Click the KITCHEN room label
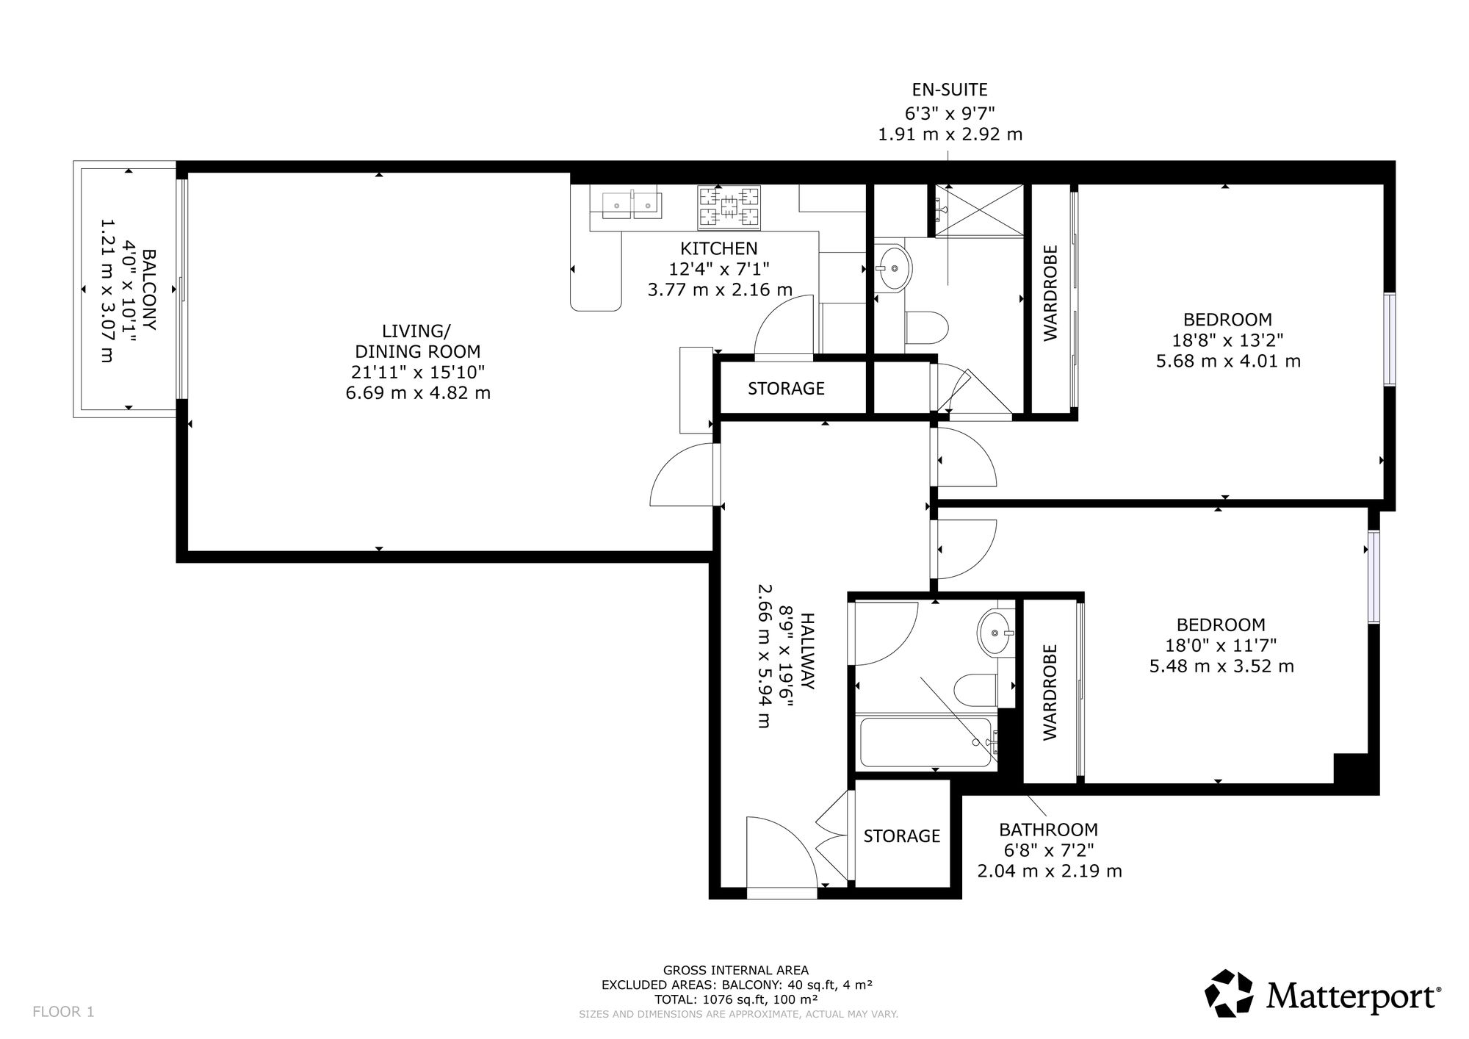click(718, 248)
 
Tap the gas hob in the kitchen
click(728, 206)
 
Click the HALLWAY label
click(806, 651)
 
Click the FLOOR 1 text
click(64, 1012)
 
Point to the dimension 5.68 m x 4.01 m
click(1228, 361)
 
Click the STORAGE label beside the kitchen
click(786, 388)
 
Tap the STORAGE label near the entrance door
click(902, 836)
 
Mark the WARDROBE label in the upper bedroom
click(1050, 292)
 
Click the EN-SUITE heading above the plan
click(950, 90)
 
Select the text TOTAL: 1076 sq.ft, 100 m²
click(737, 999)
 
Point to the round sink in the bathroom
click(996, 632)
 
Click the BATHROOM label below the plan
click(1048, 830)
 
